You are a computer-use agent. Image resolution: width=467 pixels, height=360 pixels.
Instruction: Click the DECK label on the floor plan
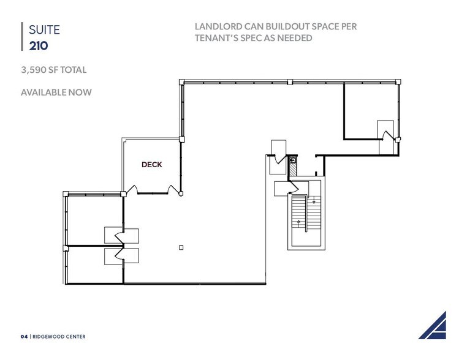click(x=151, y=165)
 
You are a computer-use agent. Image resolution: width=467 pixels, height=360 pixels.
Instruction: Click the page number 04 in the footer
click(x=24, y=336)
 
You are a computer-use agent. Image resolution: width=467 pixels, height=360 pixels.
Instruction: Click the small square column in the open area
click(x=181, y=248)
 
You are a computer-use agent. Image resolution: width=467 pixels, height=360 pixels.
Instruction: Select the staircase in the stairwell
click(x=305, y=217)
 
